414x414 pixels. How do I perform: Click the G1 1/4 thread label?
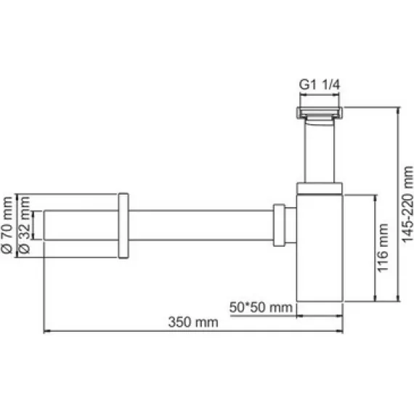(320, 84)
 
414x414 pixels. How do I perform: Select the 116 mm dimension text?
(384, 247)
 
